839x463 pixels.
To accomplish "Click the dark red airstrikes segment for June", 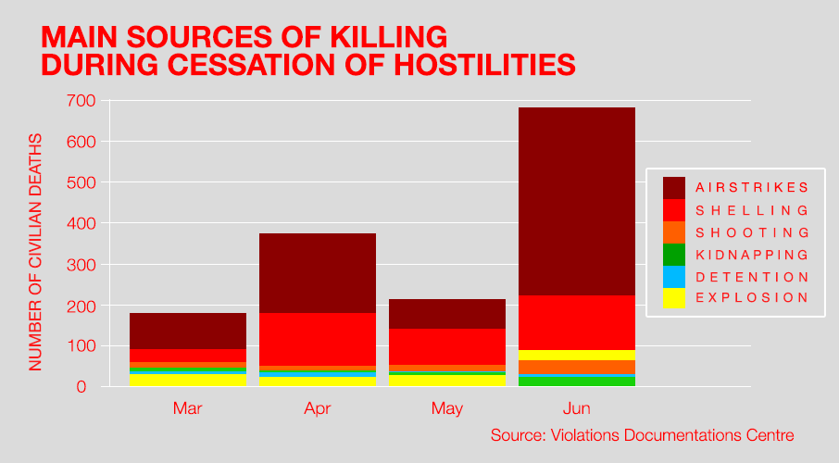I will pos(576,201).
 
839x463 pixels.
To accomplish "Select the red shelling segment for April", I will pos(317,339).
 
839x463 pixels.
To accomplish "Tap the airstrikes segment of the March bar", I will pos(187,331).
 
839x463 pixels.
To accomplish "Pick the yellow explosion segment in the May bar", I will pos(446,380).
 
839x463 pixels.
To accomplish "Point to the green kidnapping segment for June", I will pos(576,382).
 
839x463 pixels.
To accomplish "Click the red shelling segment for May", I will pos(446,346).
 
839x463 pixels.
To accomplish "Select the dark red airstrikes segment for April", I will pos(317,273).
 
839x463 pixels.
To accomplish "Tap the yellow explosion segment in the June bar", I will pos(576,355).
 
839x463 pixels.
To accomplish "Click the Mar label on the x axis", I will pos(187,408).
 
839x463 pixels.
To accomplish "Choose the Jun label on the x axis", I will pos(576,408).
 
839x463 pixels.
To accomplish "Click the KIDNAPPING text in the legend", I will pos(752,255).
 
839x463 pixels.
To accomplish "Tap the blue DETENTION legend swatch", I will pos(674,276).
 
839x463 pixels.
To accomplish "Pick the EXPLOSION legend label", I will pos(752,297).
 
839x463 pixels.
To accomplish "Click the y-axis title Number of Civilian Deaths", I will pos(36,251).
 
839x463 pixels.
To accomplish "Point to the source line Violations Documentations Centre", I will pos(643,435).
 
